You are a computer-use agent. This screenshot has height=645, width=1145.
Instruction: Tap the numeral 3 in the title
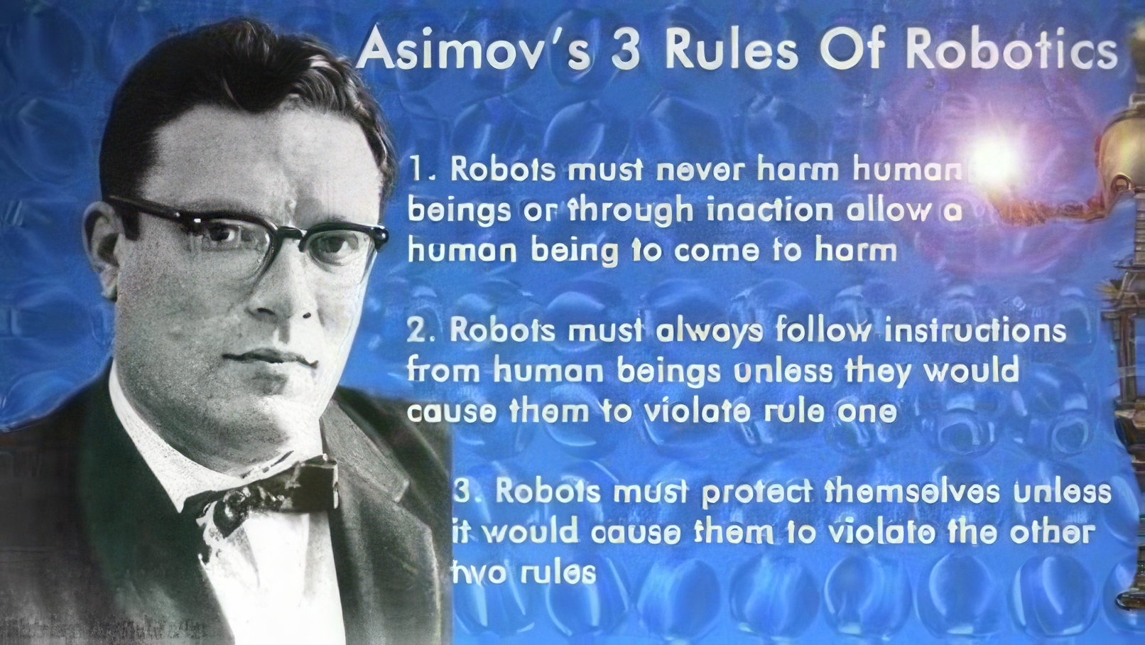625,51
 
